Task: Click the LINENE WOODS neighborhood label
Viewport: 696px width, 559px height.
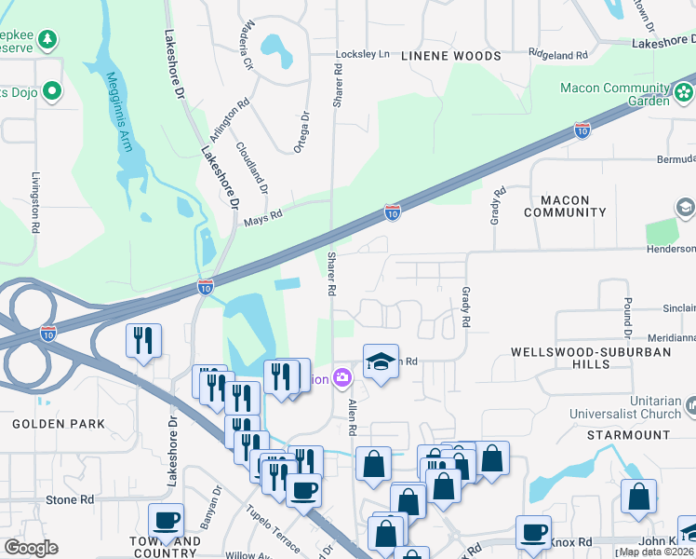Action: (x=451, y=56)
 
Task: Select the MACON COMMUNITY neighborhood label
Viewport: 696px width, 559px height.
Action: (x=565, y=206)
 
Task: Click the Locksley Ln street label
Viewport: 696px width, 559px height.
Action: (x=362, y=55)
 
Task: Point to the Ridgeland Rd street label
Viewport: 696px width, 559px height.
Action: (x=558, y=56)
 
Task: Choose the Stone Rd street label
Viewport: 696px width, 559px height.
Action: (x=70, y=500)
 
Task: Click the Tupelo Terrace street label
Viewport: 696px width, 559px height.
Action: (x=273, y=528)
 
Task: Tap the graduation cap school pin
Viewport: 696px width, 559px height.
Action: (x=381, y=361)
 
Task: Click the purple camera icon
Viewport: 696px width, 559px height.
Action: (x=342, y=377)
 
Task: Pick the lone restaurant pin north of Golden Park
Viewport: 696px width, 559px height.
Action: (x=143, y=340)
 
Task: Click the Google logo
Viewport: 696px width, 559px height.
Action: (x=31, y=548)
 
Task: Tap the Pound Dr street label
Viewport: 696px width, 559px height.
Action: (x=628, y=318)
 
